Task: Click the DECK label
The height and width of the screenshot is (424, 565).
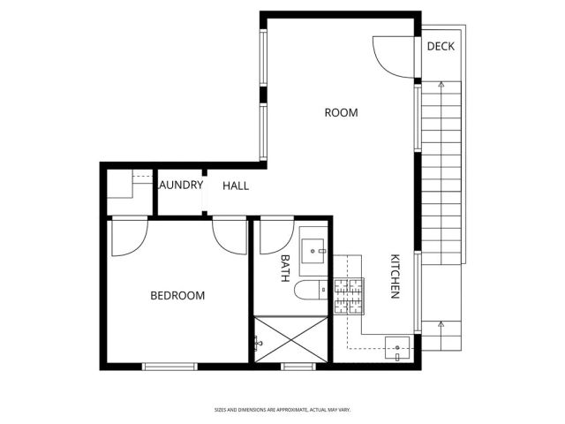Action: (x=441, y=46)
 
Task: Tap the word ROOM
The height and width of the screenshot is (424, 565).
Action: (x=341, y=112)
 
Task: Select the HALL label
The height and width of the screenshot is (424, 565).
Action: (x=236, y=185)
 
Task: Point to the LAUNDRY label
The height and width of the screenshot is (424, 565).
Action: (x=180, y=185)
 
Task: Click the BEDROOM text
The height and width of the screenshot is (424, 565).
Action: (x=177, y=295)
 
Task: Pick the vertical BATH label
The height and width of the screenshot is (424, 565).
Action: (x=285, y=268)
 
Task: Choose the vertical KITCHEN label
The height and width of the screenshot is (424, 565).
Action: (x=396, y=276)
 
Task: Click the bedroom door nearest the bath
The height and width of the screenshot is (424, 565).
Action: (x=230, y=236)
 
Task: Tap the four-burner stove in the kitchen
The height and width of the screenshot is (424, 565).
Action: (x=348, y=298)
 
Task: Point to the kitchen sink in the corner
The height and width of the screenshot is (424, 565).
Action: (x=398, y=348)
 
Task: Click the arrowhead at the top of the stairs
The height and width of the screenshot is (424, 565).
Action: (x=440, y=85)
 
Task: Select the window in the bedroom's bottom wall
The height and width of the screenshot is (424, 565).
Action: (x=169, y=366)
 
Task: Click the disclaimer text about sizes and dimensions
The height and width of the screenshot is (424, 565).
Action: (x=282, y=410)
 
